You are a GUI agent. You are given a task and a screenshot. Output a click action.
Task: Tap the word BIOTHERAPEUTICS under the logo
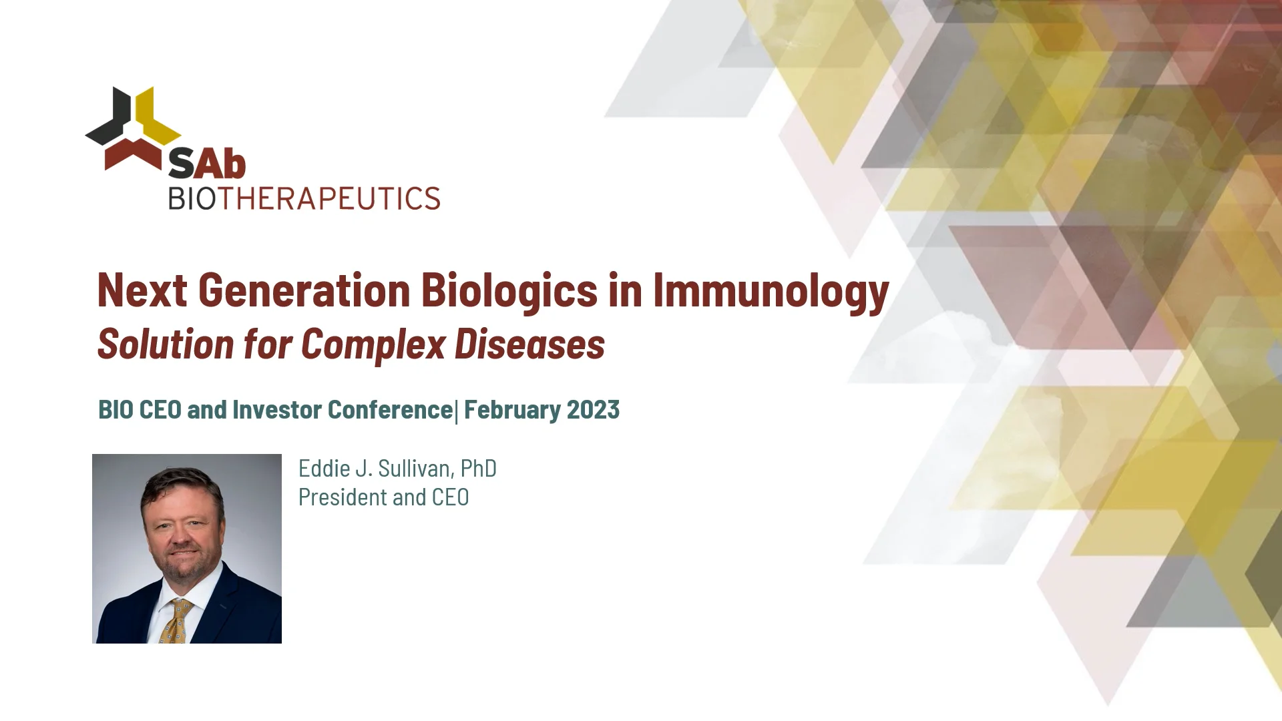[304, 198]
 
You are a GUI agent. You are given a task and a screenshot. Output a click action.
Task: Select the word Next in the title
[142, 290]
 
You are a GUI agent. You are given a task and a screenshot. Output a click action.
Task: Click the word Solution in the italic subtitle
[165, 344]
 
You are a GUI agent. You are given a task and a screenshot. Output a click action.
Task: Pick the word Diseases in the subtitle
[529, 344]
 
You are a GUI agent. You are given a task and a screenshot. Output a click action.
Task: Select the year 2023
[593, 409]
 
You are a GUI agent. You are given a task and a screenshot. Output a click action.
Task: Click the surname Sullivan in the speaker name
[414, 469]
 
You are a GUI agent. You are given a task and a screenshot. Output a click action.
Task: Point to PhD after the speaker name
[478, 469]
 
